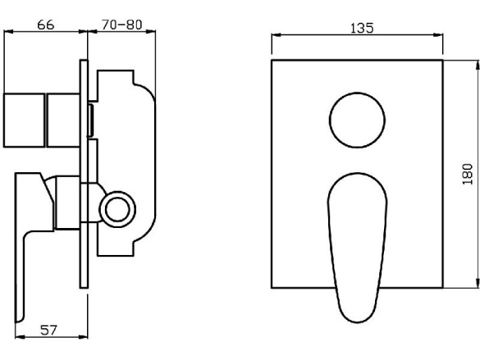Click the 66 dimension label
46,25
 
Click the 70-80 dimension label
121,25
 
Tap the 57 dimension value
48,330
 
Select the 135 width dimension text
362,28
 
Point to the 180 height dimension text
468,174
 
